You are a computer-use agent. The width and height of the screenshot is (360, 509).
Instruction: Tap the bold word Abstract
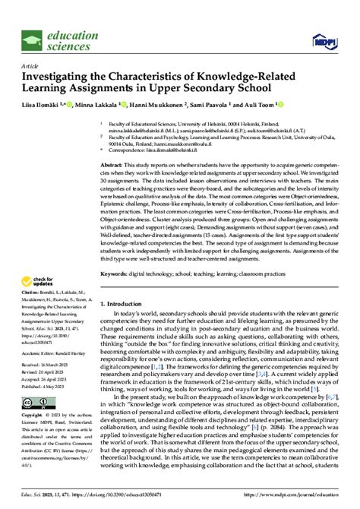(x=113, y=164)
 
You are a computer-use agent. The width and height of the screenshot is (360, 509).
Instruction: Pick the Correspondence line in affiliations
(x=161, y=151)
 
